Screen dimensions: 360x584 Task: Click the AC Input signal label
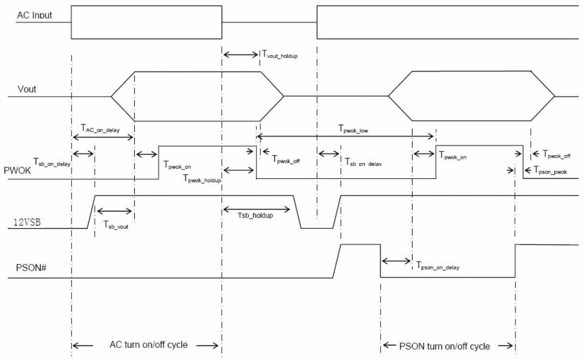[34, 15]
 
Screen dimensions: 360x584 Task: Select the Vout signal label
[27, 90]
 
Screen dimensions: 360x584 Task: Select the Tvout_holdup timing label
[280, 55]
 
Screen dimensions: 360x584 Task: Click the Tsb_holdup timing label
[257, 216]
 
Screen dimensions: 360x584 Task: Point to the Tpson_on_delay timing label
[438, 266]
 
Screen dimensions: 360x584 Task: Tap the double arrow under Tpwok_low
[346, 137]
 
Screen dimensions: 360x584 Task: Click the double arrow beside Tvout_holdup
[241, 54]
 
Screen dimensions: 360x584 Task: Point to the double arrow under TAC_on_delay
[102, 137]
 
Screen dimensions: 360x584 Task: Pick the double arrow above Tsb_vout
[114, 211]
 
